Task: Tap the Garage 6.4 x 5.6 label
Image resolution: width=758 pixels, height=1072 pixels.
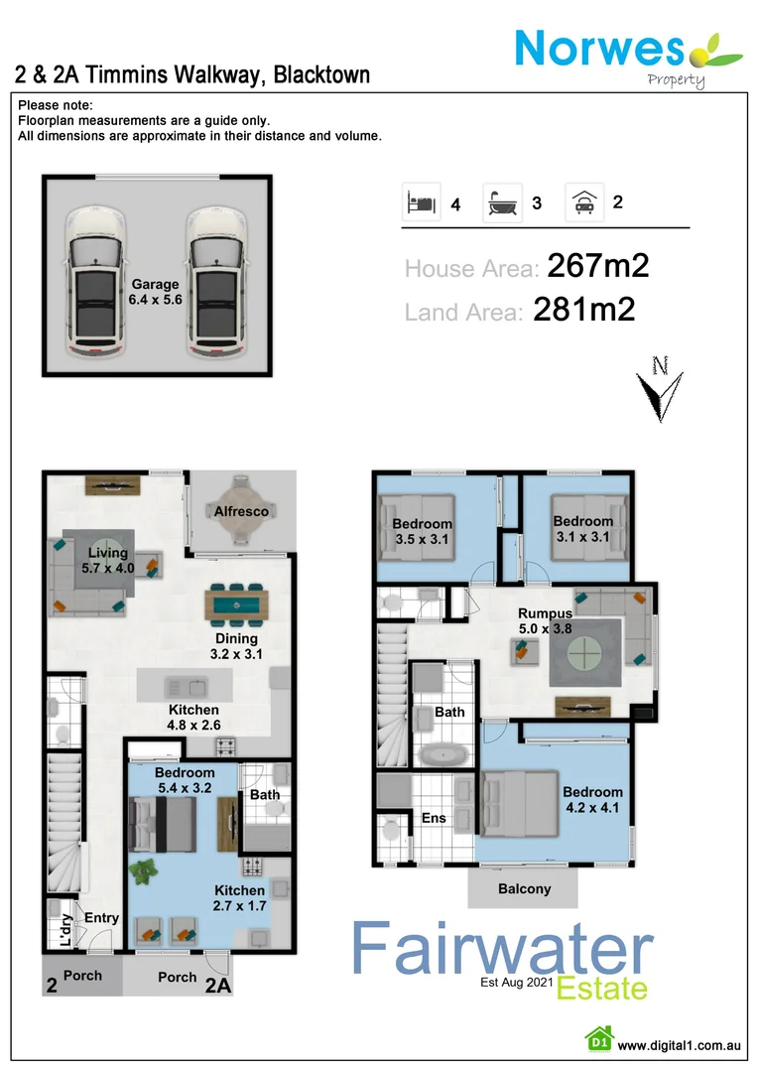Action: (x=154, y=291)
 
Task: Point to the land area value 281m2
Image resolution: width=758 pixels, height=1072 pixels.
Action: (x=584, y=311)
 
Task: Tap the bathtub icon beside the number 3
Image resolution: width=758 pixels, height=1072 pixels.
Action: (x=501, y=202)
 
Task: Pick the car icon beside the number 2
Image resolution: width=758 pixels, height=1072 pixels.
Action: (x=583, y=201)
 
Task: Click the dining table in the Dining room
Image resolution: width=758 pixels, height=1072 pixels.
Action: (x=236, y=603)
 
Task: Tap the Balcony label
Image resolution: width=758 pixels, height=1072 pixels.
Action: (x=523, y=888)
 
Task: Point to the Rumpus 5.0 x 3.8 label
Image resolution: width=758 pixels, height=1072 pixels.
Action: (x=545, y=621)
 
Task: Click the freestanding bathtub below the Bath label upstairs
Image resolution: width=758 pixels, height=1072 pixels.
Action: (x=443, y=753)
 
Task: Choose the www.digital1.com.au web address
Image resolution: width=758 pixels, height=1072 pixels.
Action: (x=680, y=1044)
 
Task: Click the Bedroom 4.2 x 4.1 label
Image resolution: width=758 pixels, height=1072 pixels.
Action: (x=592, y=799)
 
